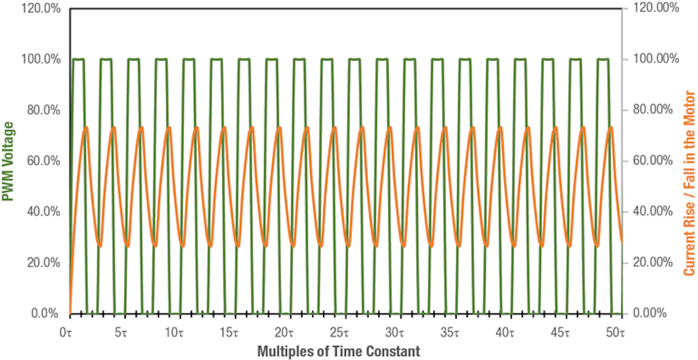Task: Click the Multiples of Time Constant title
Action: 338,351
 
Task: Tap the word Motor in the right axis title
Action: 689,108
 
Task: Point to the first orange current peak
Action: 86,127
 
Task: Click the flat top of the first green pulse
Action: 79,59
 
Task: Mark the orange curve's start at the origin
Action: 70,312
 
